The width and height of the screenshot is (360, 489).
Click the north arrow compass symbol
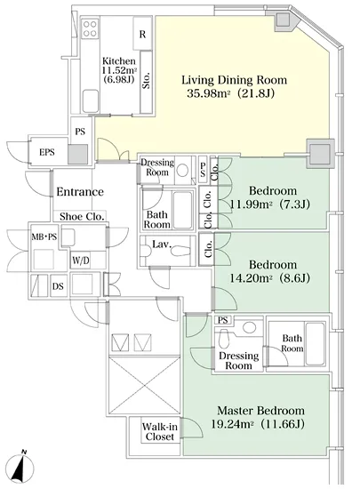click(x=20, y=469)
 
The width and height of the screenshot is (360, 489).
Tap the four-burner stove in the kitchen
click(x=90, y=28)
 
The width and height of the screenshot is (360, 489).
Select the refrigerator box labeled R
click(x=142, y=34)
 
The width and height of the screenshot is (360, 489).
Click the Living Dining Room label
click(x=234, y=80)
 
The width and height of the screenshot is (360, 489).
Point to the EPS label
click(x=47, y=152)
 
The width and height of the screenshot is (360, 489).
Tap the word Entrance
click(x=80, y=191)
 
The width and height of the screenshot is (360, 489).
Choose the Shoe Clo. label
click(x=82, y=216)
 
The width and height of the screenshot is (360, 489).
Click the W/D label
click(x=80, y=261)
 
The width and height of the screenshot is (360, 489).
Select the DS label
click(x=58, y=285)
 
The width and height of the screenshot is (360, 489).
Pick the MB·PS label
click(x=44, y=237)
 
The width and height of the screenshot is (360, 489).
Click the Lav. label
click(x=162, y=244)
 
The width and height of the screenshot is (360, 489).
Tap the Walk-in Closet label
click(x=160, y=431)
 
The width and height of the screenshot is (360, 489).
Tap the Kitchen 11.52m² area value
click(x=120, y=70)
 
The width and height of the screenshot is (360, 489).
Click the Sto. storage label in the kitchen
click(x=146, y=80)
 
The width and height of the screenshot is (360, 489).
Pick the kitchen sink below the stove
click(x=91, y=100)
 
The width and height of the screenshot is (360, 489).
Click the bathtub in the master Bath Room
click(x=316, y=344)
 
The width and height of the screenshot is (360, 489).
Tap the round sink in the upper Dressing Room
click(x=182, y=171)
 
